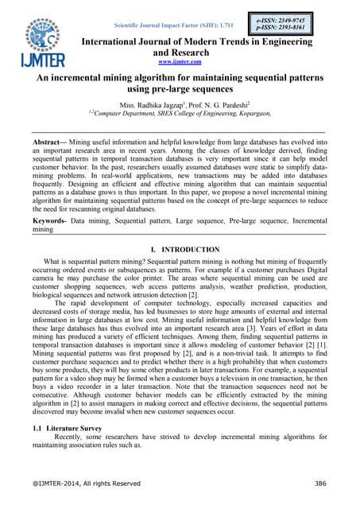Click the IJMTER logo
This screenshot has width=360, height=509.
39,39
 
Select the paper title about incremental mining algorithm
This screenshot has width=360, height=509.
179,86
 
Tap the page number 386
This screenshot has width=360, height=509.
322,484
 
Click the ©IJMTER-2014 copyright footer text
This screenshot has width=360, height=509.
86,484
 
